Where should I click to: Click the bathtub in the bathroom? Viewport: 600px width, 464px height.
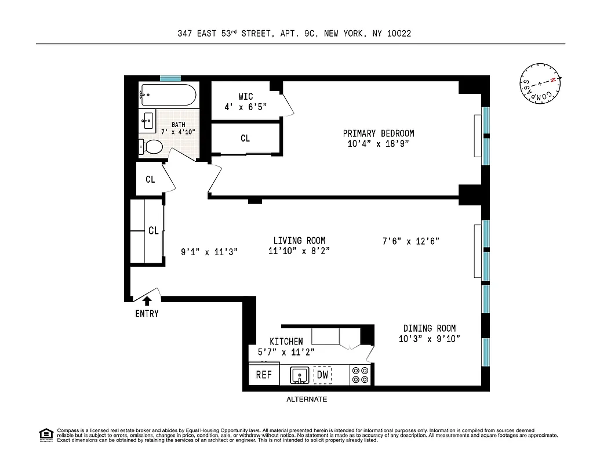tap(168, 94)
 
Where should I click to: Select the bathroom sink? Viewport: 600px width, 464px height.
tap(147, 122)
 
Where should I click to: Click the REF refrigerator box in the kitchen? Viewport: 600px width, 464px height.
tap(264, 375)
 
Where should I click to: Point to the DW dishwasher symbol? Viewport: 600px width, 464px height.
tap(323, 375)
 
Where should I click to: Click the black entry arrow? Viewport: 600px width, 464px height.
tap(147, 300)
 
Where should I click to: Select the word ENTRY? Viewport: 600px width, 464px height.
tap(147, 314)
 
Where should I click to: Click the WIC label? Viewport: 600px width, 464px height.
tap(245, 96)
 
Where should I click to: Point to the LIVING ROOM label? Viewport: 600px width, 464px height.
tap(299, 241)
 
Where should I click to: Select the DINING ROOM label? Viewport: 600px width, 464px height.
tap(430, 328)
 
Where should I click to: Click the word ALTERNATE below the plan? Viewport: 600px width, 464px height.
tap(307, 400)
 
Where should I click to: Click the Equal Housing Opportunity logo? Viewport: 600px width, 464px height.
tap(45, 434)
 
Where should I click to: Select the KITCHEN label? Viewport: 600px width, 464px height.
tap(286, 342)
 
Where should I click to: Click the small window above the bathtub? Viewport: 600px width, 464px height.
tap(170, 78)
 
